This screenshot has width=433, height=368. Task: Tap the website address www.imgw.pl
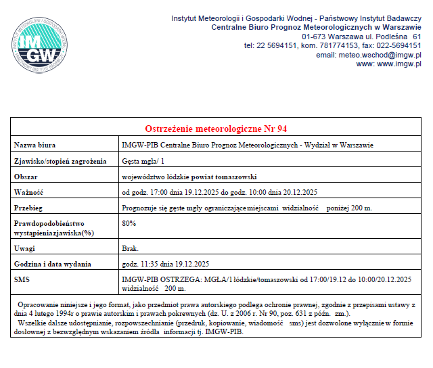[x=398, y=64]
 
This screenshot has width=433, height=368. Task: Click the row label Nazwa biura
[x=35, y=145]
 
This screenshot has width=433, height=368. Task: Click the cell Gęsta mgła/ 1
[x=143, y=161]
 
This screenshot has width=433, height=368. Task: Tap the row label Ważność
[x=29, y=192]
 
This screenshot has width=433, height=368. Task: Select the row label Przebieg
[x=29, y=208]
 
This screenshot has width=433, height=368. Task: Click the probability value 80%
[x=129, y=223]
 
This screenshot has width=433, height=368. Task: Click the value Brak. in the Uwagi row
[x=130, y=248]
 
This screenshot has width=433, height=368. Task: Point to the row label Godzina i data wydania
[x=55, y=264]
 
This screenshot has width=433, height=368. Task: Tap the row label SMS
[x=22, y=279]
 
